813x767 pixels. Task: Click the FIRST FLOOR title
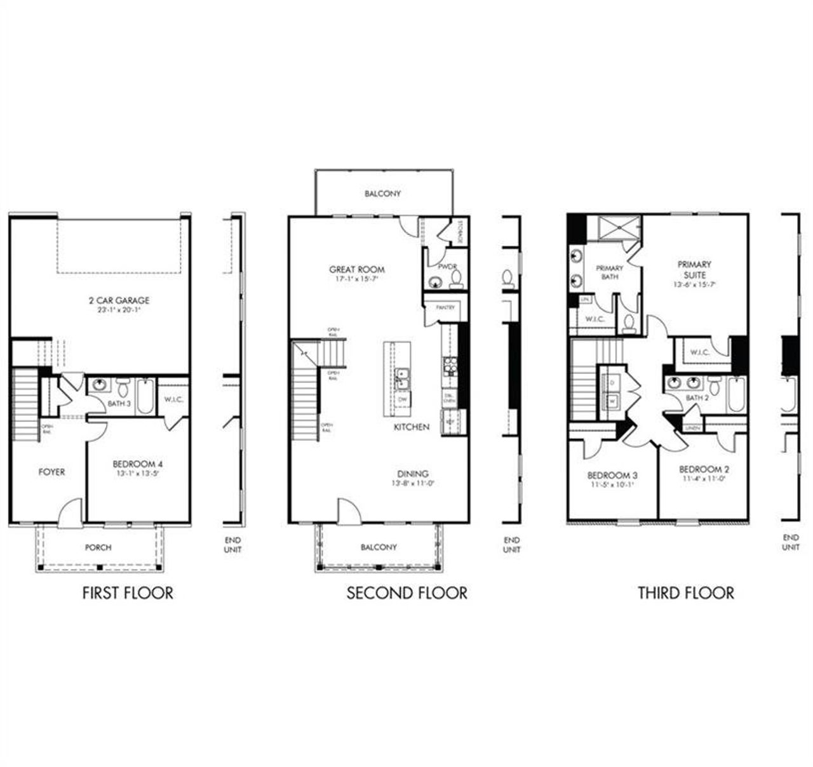click(128, 593)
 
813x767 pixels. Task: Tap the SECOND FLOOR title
click(406, 593)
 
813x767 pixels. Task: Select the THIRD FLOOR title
click(685, 593)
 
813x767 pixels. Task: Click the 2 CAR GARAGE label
click(119, 300)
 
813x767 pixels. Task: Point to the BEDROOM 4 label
click(137, 464)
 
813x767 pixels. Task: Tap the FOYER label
click(51, 472)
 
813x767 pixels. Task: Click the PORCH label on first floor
click(98, 547)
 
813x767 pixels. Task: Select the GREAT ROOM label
click(356, 269)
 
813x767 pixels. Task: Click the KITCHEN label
click(411, 427)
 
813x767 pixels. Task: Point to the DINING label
click(413, 474)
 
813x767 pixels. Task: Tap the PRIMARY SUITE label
click(694, 269)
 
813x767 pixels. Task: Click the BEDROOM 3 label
click(612, 475)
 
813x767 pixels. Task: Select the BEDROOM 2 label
click(704, 469)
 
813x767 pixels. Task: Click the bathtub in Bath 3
click(145, 396)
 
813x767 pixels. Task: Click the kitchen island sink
click(401, 378)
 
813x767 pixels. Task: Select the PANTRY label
click(445, 307)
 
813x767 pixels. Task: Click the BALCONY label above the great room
click(382, 193)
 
